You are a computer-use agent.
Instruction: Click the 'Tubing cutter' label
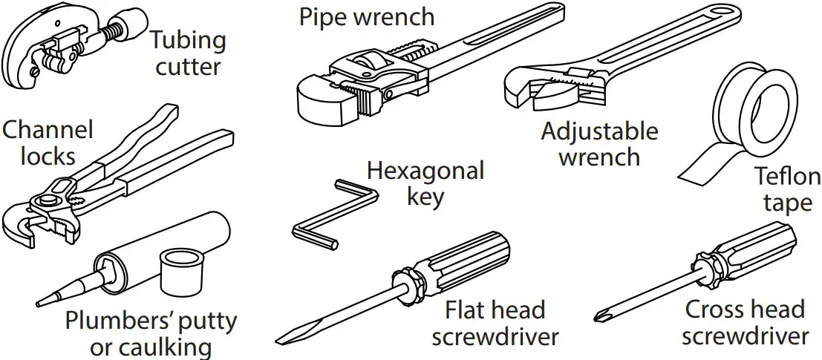pyautogui.click(x=187, y=53)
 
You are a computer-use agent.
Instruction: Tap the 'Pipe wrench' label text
pyautogui.click(x=366, y=16)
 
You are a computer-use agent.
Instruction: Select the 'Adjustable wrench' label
pyautogui.click(x=599, y=144)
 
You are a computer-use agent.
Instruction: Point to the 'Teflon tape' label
pyautogui.click(x=787, y=189)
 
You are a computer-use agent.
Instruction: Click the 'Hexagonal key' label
pyautogui.click(x=425, y=183)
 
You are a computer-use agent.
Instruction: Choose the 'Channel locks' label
pyautogui.click(x=48, y=143)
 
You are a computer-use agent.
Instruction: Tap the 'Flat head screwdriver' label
pyautogui.click(x=495, y=322)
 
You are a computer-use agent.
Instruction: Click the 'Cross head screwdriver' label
pyautogui.click(x=745, y=322)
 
